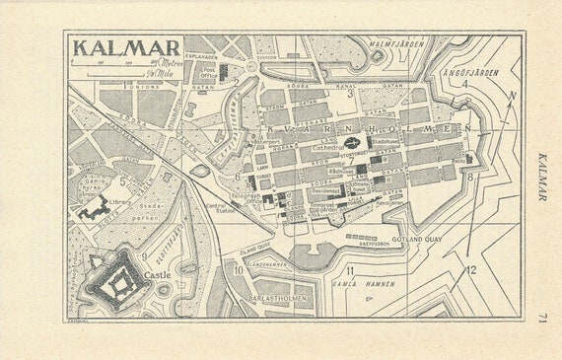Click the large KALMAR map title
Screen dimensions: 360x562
point(127,47)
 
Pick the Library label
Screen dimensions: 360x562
point(121,202)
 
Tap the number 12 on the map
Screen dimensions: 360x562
point(470,269)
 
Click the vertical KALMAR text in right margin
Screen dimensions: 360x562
point(543,178)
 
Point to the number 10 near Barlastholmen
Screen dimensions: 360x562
point(238,268)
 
